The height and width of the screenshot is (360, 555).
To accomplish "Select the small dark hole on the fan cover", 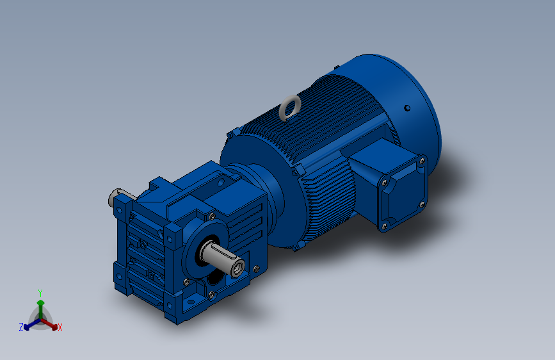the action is tap(407, 108).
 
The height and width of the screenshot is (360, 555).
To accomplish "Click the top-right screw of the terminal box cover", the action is tap(422, 161).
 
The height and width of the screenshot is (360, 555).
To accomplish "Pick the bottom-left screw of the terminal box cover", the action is tap(385, 225).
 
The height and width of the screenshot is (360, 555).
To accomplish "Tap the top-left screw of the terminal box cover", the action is tap(384, 183).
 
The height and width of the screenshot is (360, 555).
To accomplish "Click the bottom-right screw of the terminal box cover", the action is tap(422, 204).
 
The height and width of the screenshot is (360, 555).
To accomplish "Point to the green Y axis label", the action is tap(40, 293).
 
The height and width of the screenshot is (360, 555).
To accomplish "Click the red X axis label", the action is tap(60, 328).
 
